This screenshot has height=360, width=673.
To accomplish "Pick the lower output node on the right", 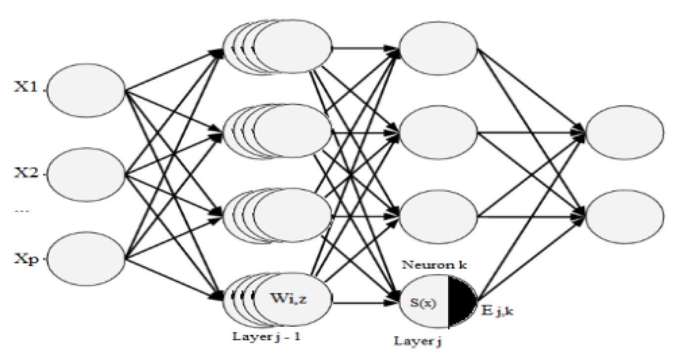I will coord(625,216).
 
